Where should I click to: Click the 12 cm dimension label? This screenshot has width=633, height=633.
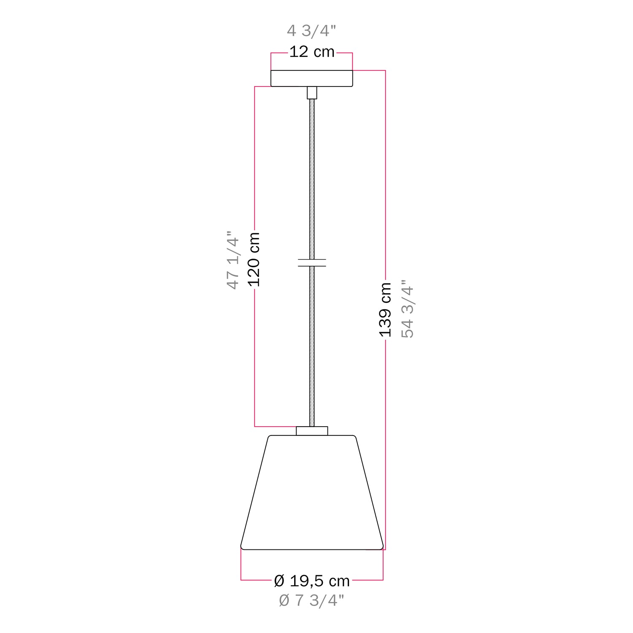pyautogui.click(x=312, y=52)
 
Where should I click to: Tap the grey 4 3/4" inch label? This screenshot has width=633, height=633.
pyautogui.click(x=311, y=31)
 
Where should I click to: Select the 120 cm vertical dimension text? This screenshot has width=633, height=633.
pyautogui.click(x=254, y=259)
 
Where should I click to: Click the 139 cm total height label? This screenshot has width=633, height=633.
pyautogui.click(x=385, y=310)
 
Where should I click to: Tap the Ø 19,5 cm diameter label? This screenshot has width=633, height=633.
pyautogui.click(x=312, y=581)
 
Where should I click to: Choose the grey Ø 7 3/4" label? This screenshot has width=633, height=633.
pyautogui.click(x=311, y=601)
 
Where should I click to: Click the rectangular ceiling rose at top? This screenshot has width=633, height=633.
pyautogui.click(x=311, y=78)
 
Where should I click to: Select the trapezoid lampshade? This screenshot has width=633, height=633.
pyautogui.click(x=312, y=494)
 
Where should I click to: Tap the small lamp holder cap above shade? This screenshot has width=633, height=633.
pyautogui.click(x=312, y=431)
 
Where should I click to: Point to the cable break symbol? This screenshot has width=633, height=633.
pyautogui.click(x=312, y=262)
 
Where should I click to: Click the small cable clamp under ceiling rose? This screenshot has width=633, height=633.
pyautogui.click(x=312, y=92)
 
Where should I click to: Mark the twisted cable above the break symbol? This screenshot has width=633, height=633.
pyautogui.click(x=312, y=177)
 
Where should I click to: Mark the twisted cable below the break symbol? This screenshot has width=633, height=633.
pyautogui.click(x=312, y=346)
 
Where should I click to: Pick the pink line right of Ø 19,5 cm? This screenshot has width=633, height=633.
pyautogui.click(x=367, y=580)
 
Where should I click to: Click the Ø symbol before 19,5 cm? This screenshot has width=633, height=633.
pyautogui.click(x=279, y=581)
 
